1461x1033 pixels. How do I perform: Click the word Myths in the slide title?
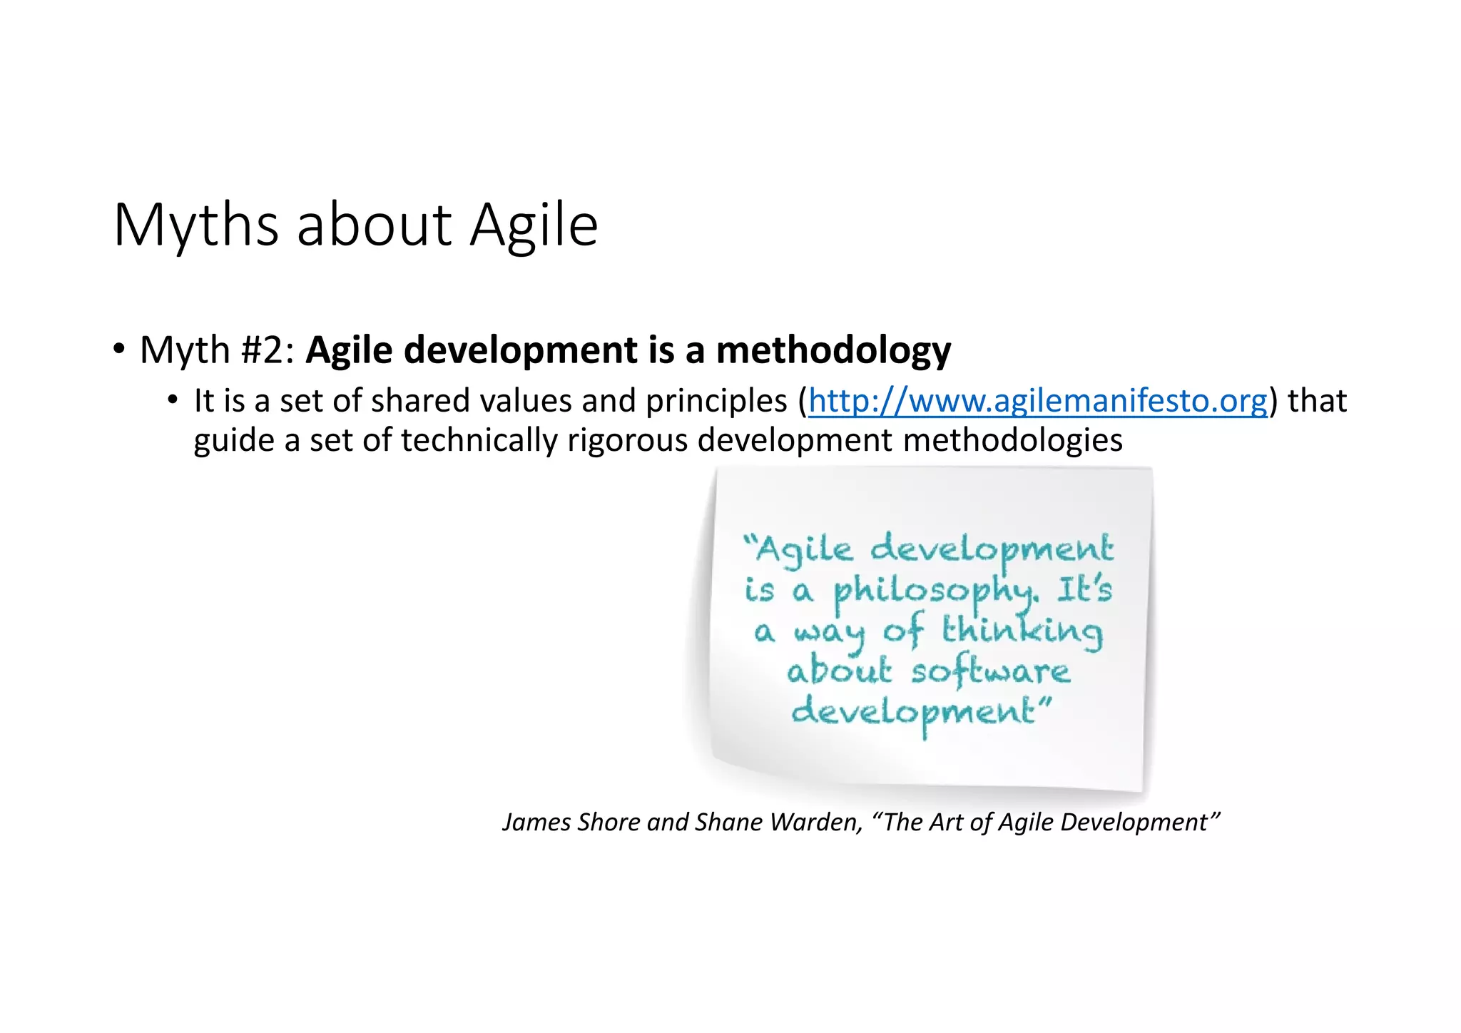click(x=195, y=225)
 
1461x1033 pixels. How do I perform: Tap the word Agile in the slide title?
click(x=534, y=225)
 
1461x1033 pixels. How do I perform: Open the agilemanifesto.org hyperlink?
click(x=1038, y=401)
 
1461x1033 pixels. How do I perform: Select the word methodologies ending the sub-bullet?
click(x=1013, y=440)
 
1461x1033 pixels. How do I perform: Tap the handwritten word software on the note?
click(x=991, y=671)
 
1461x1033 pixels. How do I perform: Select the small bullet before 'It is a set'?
click(x=172, y=400)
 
